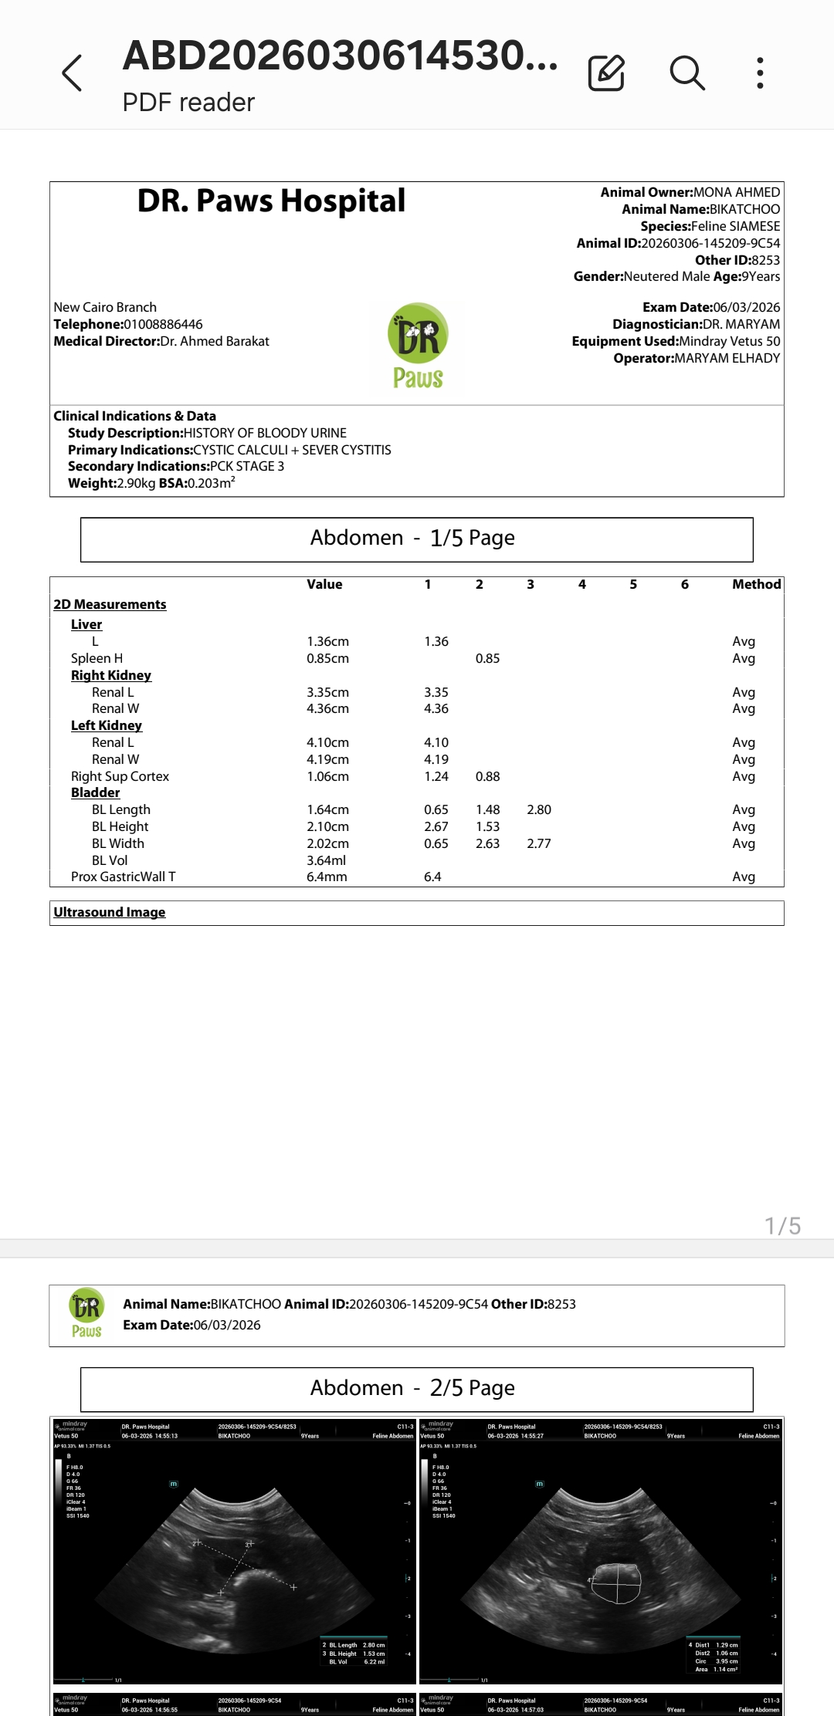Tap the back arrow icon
[x=72, y=73]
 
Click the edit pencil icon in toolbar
[x=606, y=73]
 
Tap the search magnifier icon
[x=687, y=73]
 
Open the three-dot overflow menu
[x=761, y=73]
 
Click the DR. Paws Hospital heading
[x=271, y=201]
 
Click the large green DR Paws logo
[x=418, y=348]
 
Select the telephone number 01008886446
[x=163, y=324]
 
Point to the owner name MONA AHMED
[x=737, y=192]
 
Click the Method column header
[x=756, y=585]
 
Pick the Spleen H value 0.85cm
[x=327, y=658]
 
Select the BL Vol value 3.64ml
[x=326, y=860]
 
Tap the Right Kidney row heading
[x=111, y=675]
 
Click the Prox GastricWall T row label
[x=124, y=877]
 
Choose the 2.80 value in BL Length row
[x=539, y=809]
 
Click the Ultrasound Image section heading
[x=110, y=912]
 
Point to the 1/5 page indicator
[x=782, y=1226]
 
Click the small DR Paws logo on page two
[x=86, y=1314]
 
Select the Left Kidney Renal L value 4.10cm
[x=327, y=742]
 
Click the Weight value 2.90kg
[x=136, y=483]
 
